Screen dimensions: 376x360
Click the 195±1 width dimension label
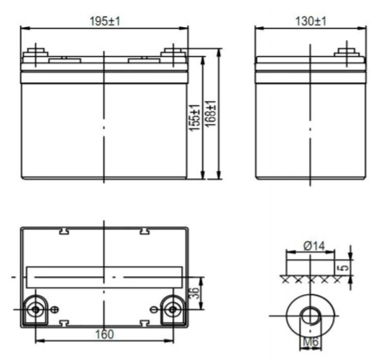click(x=105, y=21)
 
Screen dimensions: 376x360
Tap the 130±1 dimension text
click(x=310, y=21)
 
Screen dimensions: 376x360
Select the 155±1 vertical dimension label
click(x=195, y=118)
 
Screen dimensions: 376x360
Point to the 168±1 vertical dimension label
click(x=211, y=113)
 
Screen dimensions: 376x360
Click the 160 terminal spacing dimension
click(x=104, y=335)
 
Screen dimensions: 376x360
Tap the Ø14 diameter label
click(x=314, y=246)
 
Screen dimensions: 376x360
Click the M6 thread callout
click(x=311, y=342)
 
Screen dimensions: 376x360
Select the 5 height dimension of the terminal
click(x=345, y=266)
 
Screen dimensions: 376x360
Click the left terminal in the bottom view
click(x=35, y=310)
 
